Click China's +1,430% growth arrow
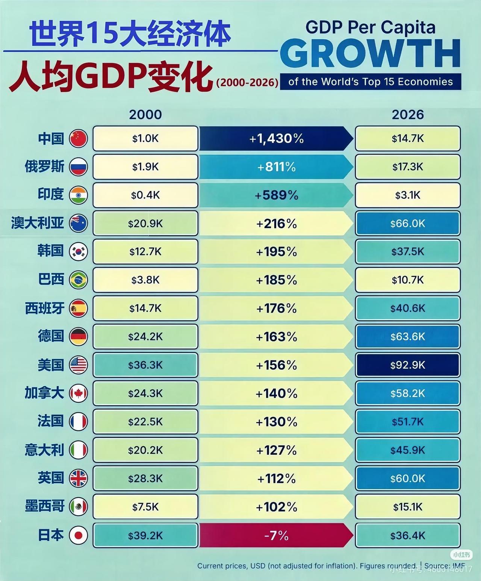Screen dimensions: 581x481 point(276,139)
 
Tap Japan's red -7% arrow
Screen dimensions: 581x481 point(276,535)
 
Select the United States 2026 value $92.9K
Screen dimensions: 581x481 point(408,365)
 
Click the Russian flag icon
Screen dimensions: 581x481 point(79,167)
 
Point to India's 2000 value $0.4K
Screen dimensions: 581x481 point(145,195)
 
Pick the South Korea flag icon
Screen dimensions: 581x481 point(79,252)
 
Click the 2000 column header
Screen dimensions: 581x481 point(145,115)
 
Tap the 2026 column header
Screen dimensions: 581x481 point(408,115)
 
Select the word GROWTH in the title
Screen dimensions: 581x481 point(370,54)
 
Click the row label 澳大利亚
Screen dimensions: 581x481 point(38,223)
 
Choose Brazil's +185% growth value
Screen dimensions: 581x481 point(276,280)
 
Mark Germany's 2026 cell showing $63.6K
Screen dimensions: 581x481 point(408,336)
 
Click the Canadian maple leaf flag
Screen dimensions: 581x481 point(79,393)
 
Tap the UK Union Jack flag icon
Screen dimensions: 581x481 point(79,478)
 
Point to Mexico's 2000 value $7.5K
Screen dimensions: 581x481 point(145,507)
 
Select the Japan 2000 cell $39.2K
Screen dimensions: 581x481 point(145,535)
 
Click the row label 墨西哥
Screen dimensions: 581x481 point(45,507)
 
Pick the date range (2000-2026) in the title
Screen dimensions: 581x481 point(247,82)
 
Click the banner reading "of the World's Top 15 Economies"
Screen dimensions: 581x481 point(371,82)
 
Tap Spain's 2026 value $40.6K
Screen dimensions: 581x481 point(408,308)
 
